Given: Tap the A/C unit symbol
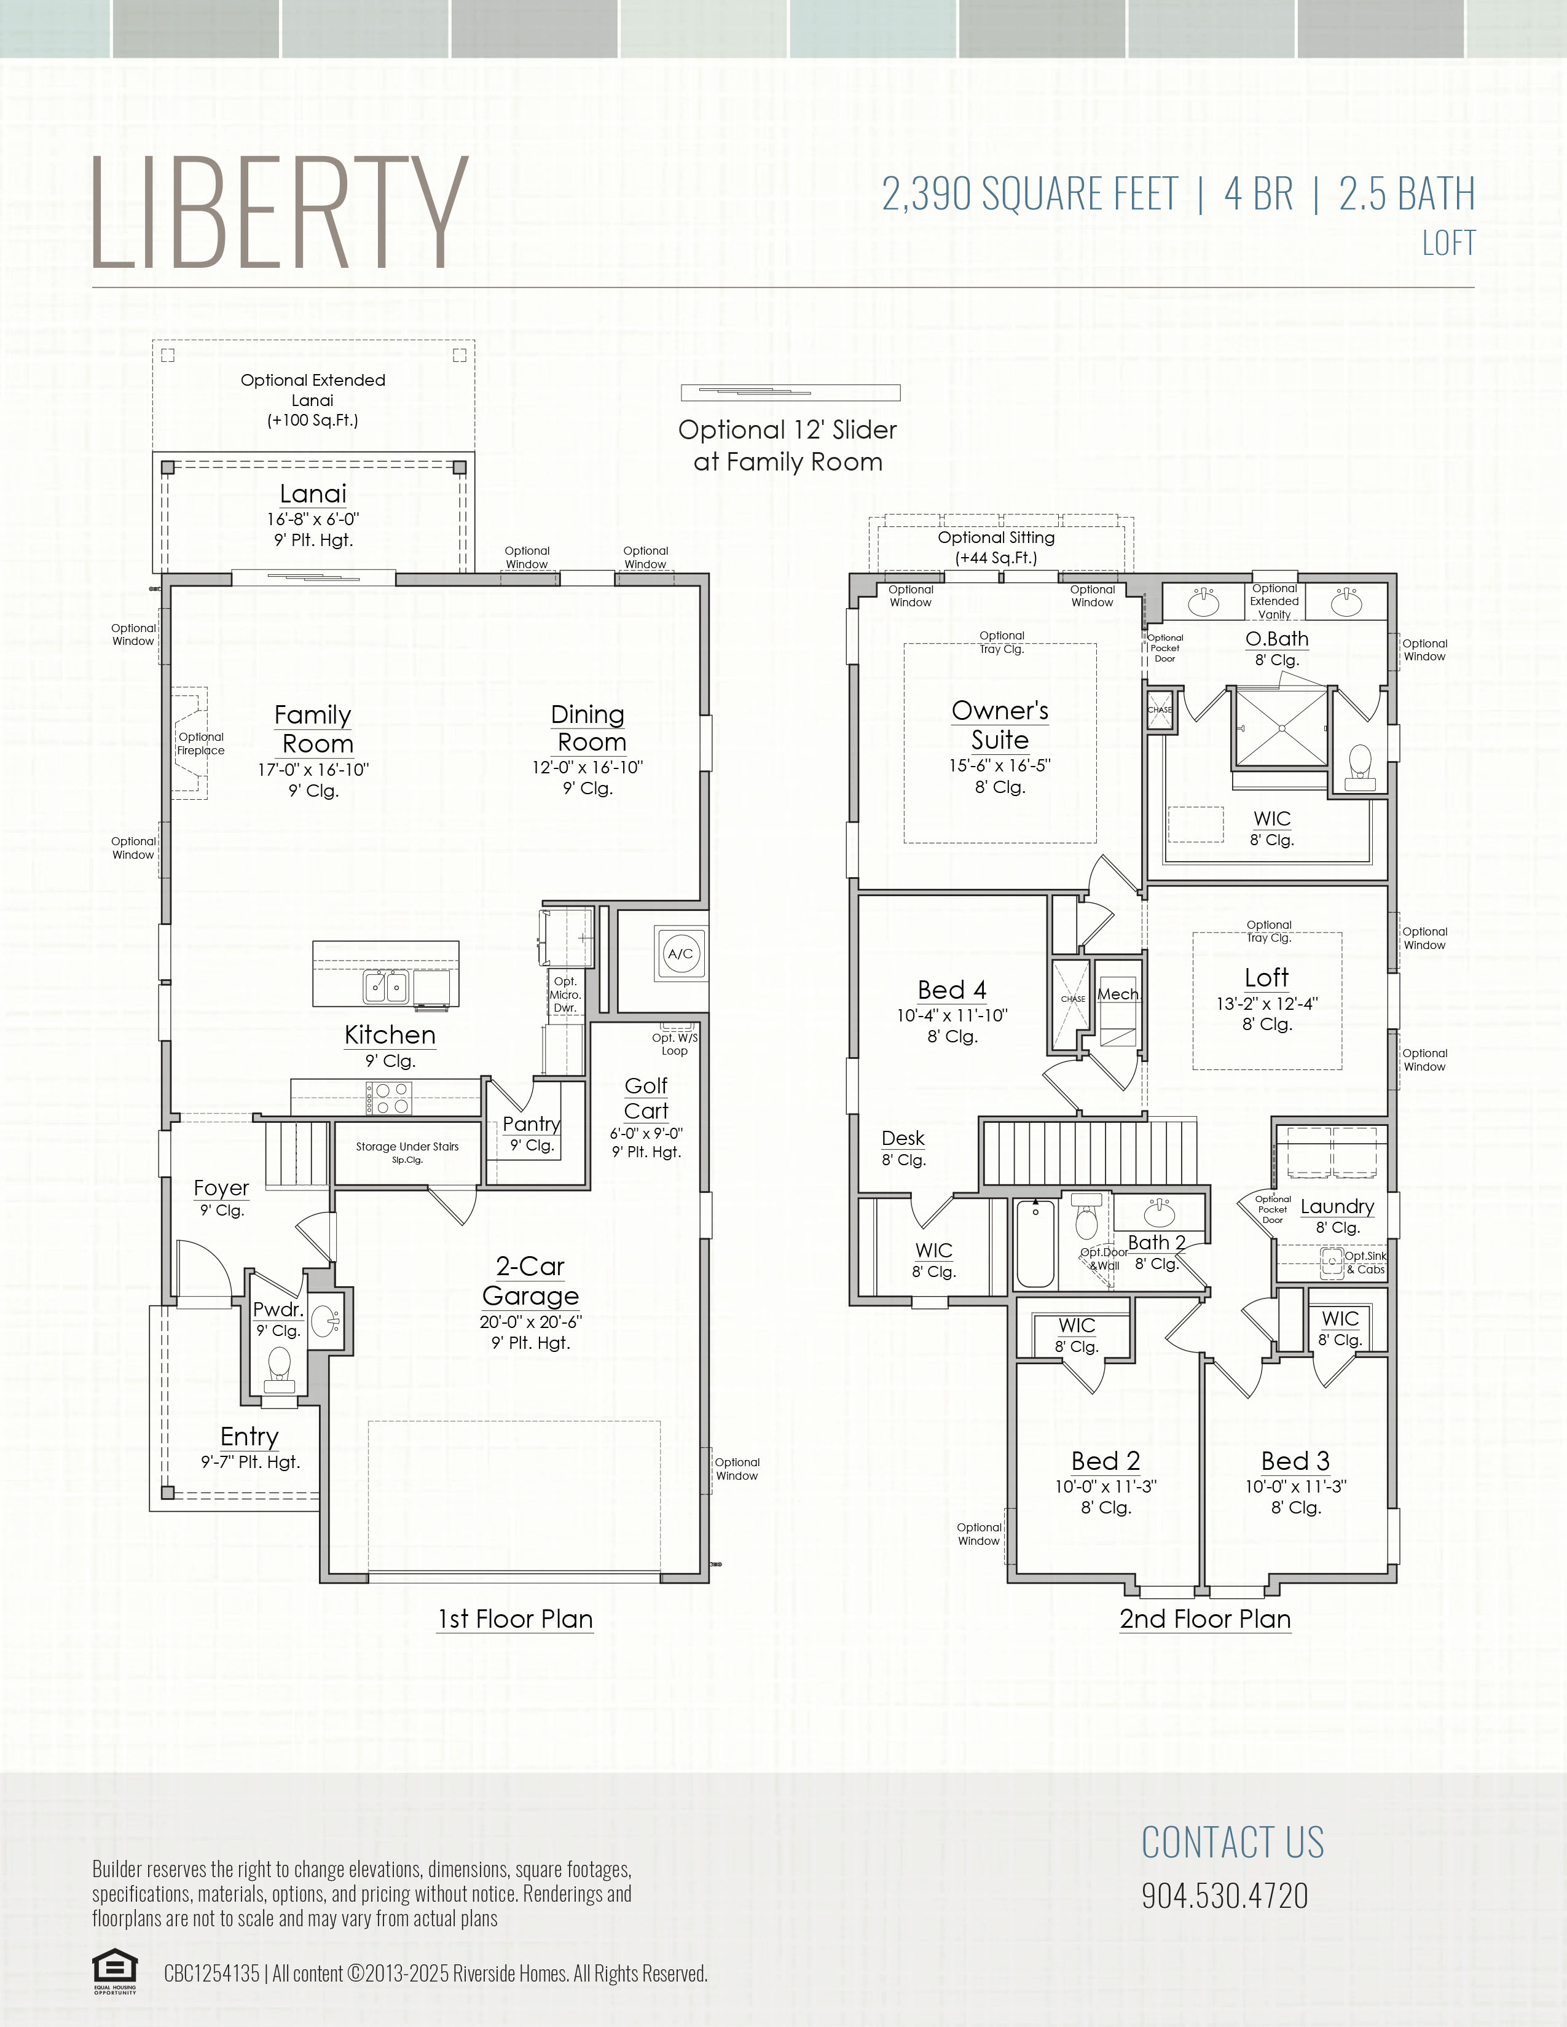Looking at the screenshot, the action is click(680, 953).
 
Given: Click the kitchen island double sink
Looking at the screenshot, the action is click(386, 986).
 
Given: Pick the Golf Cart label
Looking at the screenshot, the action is click(646, 1098).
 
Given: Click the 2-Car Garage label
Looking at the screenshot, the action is click(530, 1281).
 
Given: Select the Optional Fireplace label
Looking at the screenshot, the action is click(202, 743).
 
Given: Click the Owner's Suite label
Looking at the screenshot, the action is click(1000, 725).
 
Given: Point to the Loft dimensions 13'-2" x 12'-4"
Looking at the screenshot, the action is click(1267, 1003).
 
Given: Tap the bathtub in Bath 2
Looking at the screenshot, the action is click(1035, 1243).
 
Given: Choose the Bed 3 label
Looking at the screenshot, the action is click(1296, 1461).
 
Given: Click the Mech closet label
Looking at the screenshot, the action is click(1118, 994).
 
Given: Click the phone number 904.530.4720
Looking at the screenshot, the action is click(1225, 1895).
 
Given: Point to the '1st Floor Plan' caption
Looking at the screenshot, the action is click(515, 1619).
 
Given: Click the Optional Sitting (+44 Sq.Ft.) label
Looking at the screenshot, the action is click(996, 547).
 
